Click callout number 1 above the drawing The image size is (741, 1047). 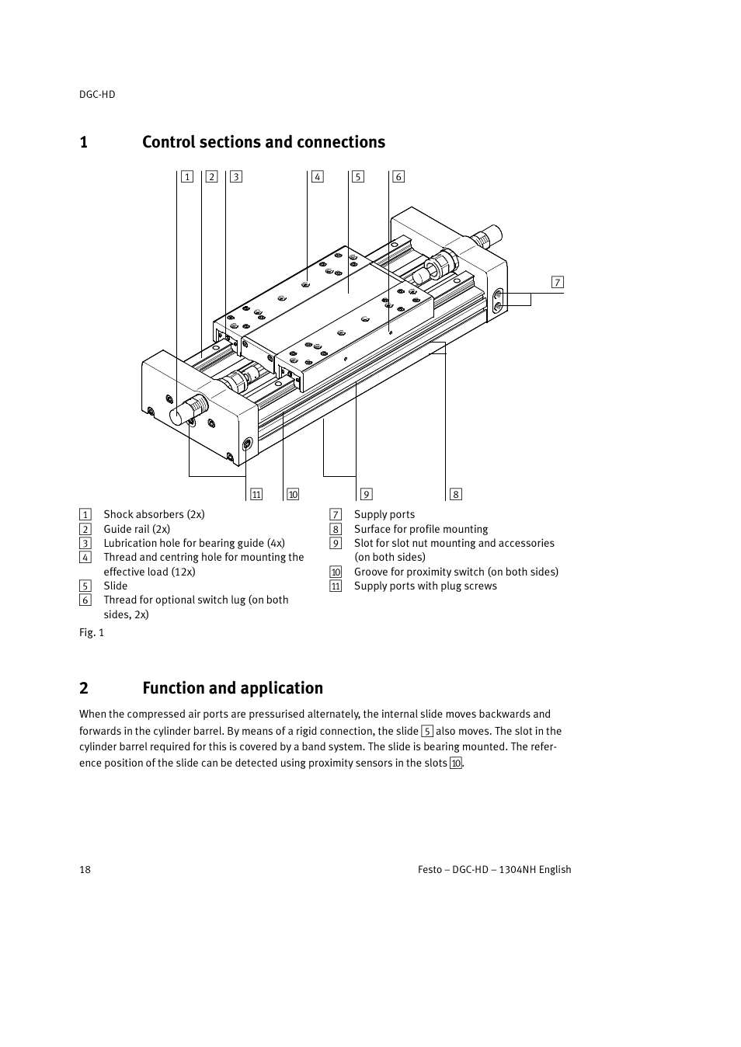[187, 176]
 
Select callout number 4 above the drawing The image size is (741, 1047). [318, 176]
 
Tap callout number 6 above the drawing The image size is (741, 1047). [398, 176]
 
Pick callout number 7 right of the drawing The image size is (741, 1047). [558, 282]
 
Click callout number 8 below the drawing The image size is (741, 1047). [456, 494]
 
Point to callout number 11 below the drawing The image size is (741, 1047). [256, 494]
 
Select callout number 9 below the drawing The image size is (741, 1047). [367, 494]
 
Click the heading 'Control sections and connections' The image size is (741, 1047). [263, 142]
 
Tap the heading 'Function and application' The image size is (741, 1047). [232, 688]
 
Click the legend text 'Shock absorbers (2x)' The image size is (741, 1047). [154, 514]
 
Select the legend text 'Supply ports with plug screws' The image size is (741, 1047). [425, 586]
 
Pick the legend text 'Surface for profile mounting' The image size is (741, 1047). [421, 529]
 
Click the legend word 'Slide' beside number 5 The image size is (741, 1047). [116, 586]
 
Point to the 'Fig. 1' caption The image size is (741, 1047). [92, 632]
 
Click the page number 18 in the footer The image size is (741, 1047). [85, 869]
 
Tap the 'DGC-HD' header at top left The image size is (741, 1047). [97, 94]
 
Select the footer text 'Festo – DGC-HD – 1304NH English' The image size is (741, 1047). [494, 869]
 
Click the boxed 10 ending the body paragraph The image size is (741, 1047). [456, 764]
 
